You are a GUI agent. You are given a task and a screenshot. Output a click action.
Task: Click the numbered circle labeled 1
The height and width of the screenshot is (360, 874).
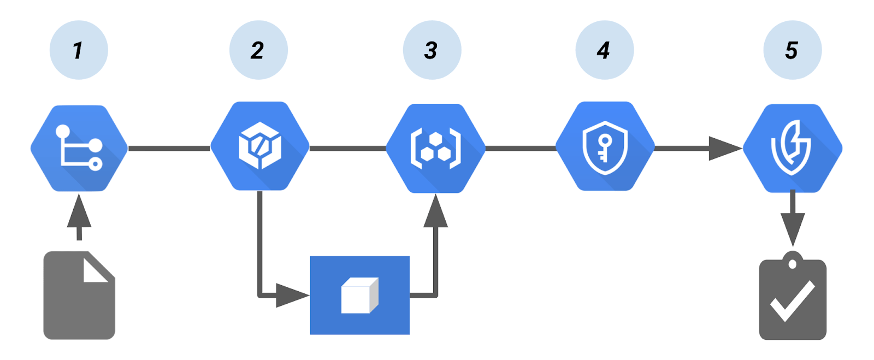point(79,50)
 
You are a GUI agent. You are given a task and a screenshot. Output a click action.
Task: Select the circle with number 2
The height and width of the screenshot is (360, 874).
point(258,50)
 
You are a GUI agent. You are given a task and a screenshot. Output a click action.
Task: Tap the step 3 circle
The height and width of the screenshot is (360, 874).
point(432,50)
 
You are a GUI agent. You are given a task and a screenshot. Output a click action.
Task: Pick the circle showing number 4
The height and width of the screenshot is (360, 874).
point(604,50)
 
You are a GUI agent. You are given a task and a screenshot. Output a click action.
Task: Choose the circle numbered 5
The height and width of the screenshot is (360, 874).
point(792,50)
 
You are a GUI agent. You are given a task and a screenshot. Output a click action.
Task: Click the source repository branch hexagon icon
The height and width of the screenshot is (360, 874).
point(79,148)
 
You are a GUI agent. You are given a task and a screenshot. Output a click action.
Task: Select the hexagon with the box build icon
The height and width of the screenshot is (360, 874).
point(259,146)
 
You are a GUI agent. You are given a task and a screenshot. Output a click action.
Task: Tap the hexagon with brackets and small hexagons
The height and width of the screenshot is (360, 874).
point(435,148)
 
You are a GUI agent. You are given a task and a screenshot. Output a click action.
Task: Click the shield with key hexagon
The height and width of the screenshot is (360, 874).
point(605,146)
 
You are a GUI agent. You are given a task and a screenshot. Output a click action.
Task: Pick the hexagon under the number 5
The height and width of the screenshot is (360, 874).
point(792,148)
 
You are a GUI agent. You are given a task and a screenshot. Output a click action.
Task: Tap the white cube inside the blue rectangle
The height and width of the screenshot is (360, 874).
point(359,296)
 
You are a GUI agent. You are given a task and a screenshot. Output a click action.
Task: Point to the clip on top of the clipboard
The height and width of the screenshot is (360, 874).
point(792,261)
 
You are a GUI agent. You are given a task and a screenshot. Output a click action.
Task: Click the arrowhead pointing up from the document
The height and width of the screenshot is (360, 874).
point(79,212)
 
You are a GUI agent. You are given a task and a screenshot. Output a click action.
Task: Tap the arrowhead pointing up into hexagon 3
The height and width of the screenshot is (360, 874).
point(435,212)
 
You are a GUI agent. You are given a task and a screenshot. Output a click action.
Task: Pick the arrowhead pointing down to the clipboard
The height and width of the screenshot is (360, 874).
point(793,228)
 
